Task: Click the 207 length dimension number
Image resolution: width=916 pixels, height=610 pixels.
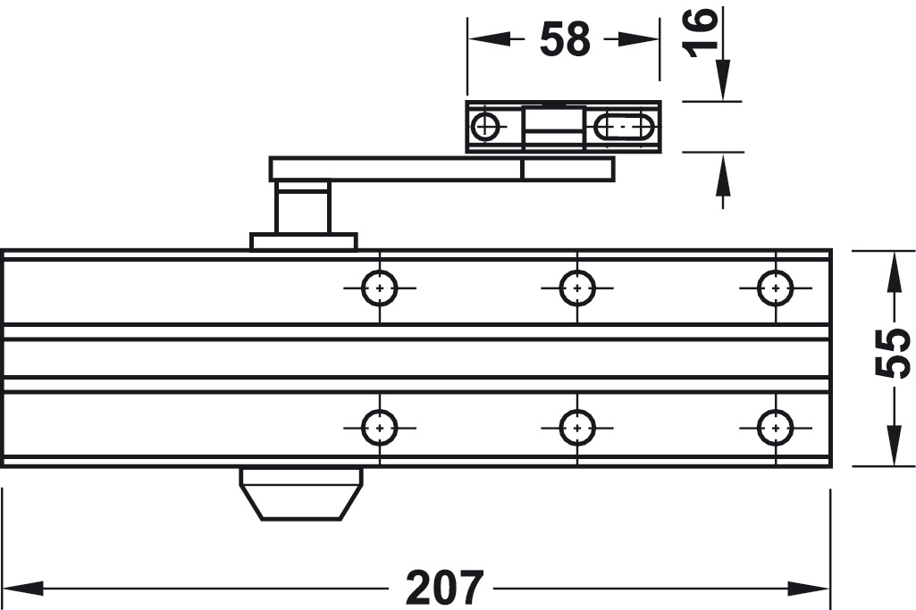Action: tap(445, 588)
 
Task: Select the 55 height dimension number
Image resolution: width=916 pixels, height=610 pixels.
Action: tap(893, 353)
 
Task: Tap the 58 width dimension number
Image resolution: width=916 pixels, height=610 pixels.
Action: tap(565, 39)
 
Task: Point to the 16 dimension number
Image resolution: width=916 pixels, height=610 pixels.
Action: tap(700, 33)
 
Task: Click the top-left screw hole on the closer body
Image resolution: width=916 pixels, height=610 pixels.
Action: tap(380, 288)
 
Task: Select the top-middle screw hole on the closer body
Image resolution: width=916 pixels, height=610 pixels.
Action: tap(577, 288)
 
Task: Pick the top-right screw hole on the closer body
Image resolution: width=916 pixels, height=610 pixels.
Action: tap(775, 288)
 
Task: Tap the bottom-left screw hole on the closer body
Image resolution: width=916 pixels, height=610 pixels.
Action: tap(380, 428)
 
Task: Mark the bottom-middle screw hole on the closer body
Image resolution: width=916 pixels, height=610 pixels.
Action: tap(577, 428)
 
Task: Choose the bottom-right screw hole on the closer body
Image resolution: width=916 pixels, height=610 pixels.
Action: tap(775, 428)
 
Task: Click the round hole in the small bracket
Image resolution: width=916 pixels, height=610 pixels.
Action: tap(485, 126)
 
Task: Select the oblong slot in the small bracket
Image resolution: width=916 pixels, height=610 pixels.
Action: tap(624, 127)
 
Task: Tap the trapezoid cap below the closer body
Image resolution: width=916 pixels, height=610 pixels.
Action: tap(301, 494)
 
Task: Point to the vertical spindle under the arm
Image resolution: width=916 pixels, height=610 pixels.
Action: tap(303, 207)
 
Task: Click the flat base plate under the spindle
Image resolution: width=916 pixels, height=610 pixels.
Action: tap(303, 242)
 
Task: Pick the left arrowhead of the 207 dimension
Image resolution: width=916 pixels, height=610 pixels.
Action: tap(22, 588)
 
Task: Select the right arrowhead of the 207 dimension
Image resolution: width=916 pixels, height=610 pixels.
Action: tap(809, 588)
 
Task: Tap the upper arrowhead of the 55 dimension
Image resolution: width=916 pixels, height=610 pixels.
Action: tap(893, 271)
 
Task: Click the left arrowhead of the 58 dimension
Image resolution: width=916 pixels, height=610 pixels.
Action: tap(488, 39)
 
